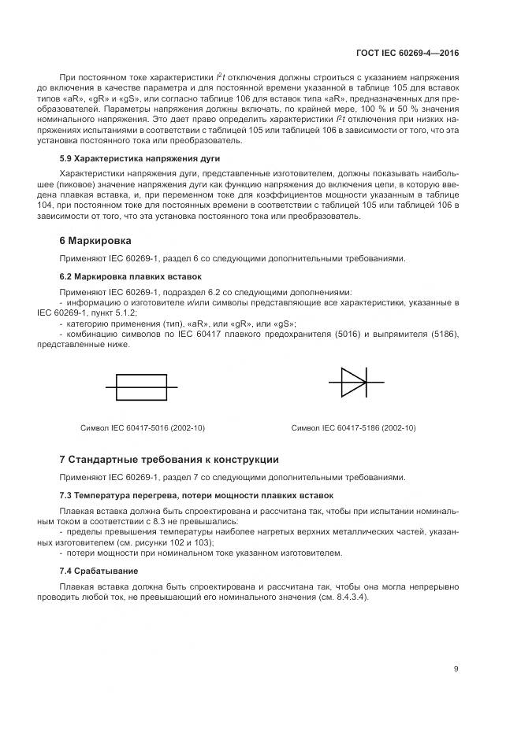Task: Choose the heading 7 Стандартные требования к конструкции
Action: (169, 459)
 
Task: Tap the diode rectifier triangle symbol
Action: (352, 382)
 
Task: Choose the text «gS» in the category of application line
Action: (285, 324)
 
